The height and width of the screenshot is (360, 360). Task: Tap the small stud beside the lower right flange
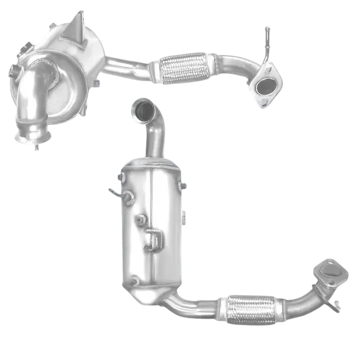[336, 302]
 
